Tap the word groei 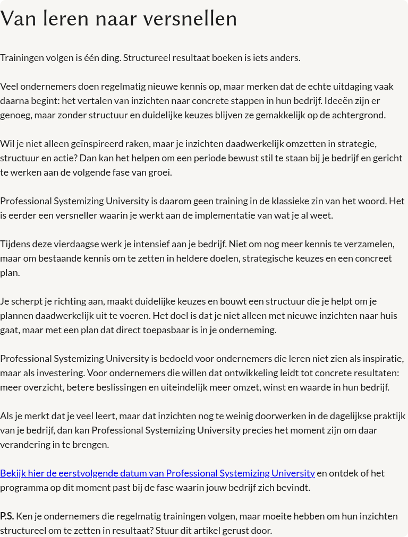point(160,172)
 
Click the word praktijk point(387,416)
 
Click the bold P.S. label point(7,516)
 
